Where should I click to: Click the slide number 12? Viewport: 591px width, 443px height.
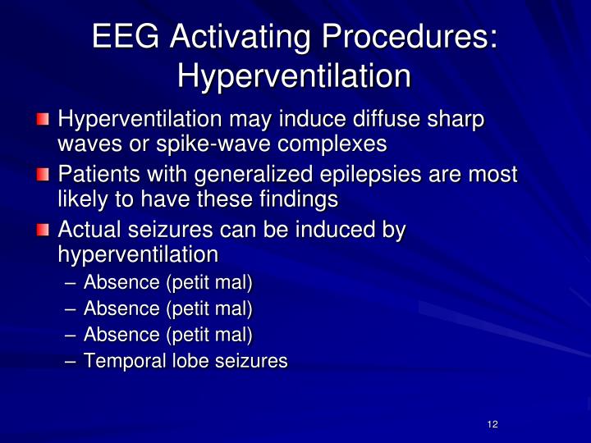point(492,423)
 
